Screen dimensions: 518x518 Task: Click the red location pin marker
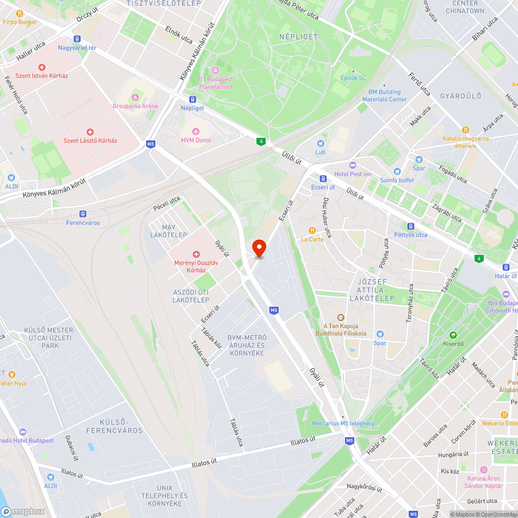click(258, 248)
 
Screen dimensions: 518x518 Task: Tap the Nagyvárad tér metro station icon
click(77, 38)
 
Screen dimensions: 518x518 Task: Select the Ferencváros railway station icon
click(83, 213)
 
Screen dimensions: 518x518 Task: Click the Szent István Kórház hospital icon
click(42, 67)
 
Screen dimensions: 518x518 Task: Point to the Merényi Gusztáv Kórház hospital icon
click(196, 254)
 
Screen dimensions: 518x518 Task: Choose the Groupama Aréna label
click(135, 106)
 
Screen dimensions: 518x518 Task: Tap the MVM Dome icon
click(196, 131)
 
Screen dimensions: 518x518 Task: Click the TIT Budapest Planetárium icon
click(215, 70)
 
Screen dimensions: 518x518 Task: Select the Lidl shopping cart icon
click(320, 143)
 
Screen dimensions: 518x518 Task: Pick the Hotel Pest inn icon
click(353, 165)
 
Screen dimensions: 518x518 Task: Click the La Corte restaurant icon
click(312, 231)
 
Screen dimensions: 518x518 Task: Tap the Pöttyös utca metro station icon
click(411, 226)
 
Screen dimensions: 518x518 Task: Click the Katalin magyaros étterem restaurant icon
click(466, 130)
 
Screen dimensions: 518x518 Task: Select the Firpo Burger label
click(20, 22)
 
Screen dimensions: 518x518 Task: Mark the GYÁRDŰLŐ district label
click(461, 96)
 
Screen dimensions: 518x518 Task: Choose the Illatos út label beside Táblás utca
click(303, 441)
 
